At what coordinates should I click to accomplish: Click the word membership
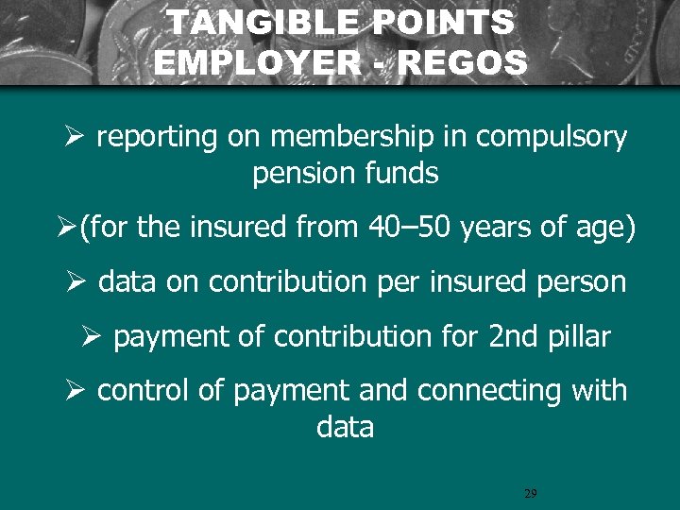(346, 138)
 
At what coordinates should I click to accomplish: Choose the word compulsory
(552, 138)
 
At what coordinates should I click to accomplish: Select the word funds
(405, 174)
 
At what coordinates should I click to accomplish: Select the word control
(144, 391)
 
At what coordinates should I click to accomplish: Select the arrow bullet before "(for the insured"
(66, 229)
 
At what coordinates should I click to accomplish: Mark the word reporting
(157, 138)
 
